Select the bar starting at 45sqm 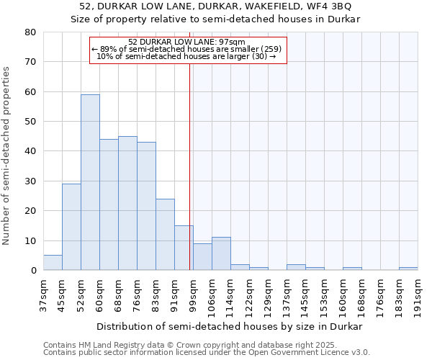pos(71,227)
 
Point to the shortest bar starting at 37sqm pos(53,263)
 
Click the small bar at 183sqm pos(408,269)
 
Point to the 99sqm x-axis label pos(193,293)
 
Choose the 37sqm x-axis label pos(43,293)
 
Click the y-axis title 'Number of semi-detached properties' pos(7,155)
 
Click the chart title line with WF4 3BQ pos(215,6)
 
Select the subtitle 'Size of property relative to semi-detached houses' pos(215,19)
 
